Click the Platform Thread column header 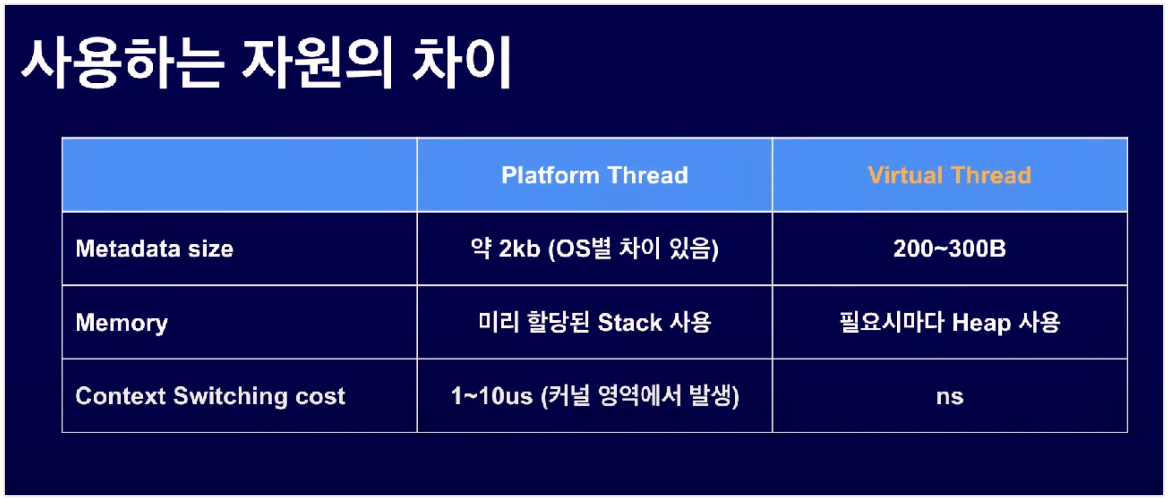coord(594,175)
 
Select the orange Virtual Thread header coord(949,175)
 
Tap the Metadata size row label coord(154,249)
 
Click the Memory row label coord(121,323)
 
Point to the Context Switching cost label coord(210,396)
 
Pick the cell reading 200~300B coord(949,249)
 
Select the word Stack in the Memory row coord(629,323)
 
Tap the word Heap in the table coord(981,323)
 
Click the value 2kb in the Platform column coord(519,249)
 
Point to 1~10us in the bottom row coord(491,396)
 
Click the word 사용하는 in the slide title coord(122,63)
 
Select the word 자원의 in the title coord(317,63)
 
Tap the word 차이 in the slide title coord(461,63)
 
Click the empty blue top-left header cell coord(239,175)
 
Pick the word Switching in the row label coord(230,396)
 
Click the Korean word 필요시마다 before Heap coord(891,323)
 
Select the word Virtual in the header coord(905,175)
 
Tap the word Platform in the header coord(550,175)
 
